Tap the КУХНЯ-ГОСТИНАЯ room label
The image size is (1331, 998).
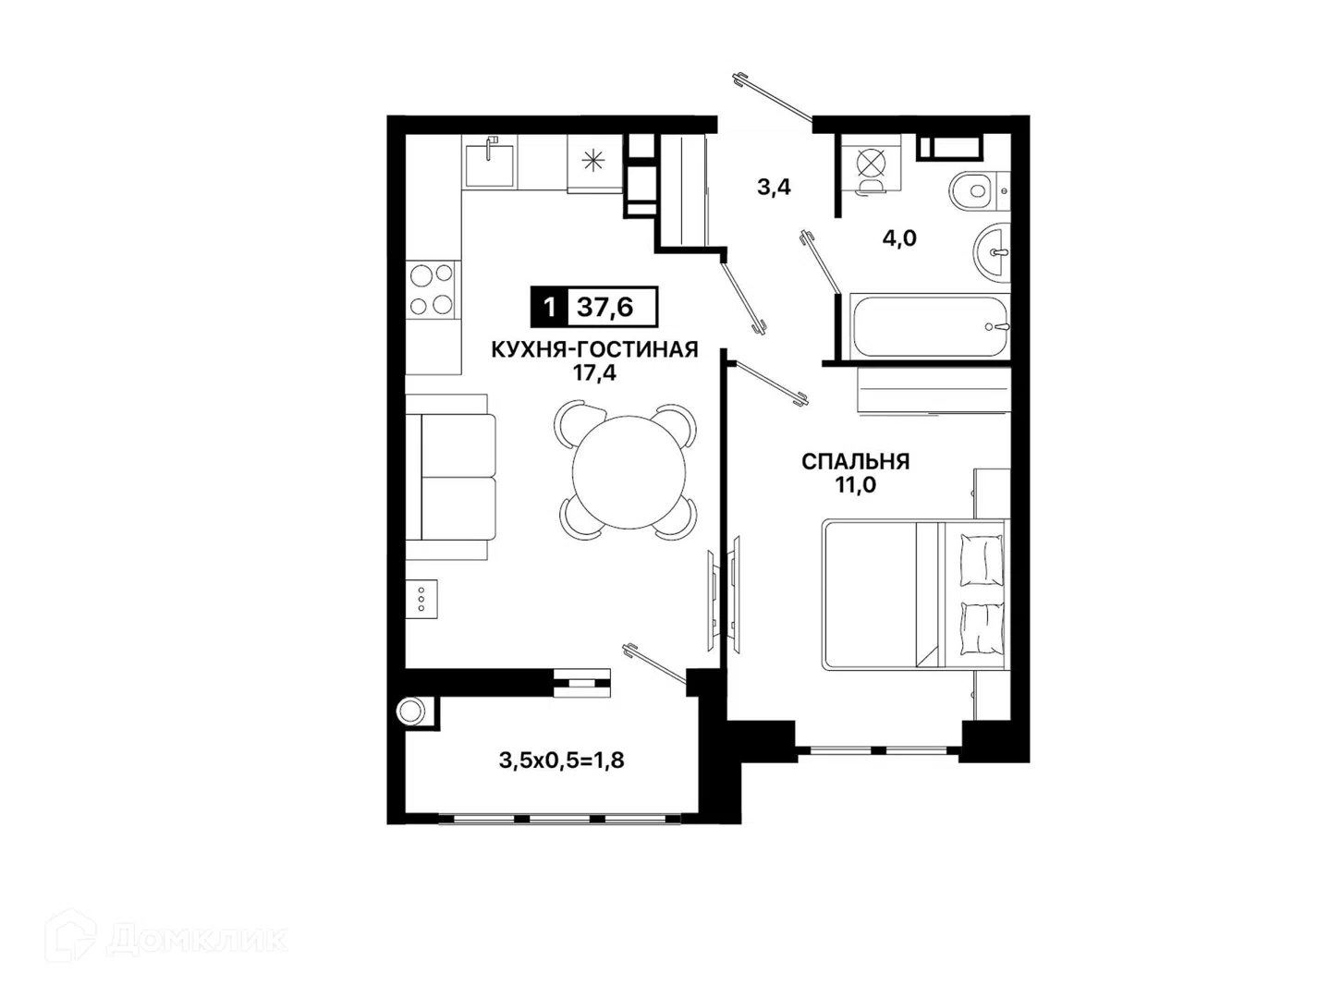click(x=594, y=349)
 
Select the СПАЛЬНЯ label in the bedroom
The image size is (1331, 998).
click(x=856, y=462)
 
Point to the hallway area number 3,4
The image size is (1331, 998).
click(x=774, y=187)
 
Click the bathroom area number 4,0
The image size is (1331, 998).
click(x=899, y=238)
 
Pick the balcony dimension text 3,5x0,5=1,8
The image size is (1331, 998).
click(x=561, y=761)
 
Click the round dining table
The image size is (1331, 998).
click(x=629, y=471)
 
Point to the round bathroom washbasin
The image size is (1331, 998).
click(x=992, y=253)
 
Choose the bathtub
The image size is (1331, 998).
click(x=928, y=326)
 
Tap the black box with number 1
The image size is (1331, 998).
click(x=549, y=307)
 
